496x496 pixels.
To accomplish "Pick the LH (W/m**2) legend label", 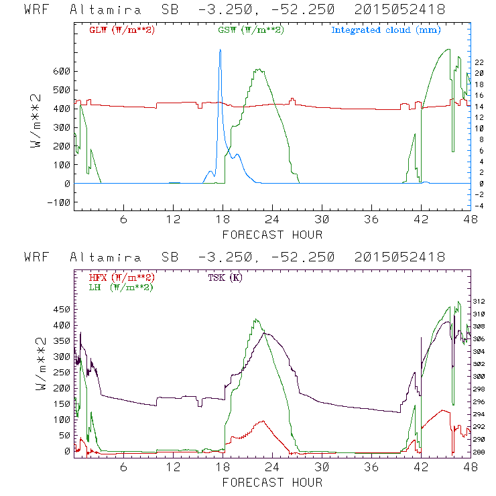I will [121, 287].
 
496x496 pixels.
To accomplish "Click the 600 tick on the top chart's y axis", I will [62, 71].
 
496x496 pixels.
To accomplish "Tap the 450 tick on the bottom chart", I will [62, 310].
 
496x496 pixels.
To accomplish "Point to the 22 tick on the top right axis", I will [480, 62].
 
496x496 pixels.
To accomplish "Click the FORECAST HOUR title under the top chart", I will [272, 235].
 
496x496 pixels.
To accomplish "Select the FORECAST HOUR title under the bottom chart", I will [272, 483].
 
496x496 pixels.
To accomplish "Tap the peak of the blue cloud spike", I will [219, 50].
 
